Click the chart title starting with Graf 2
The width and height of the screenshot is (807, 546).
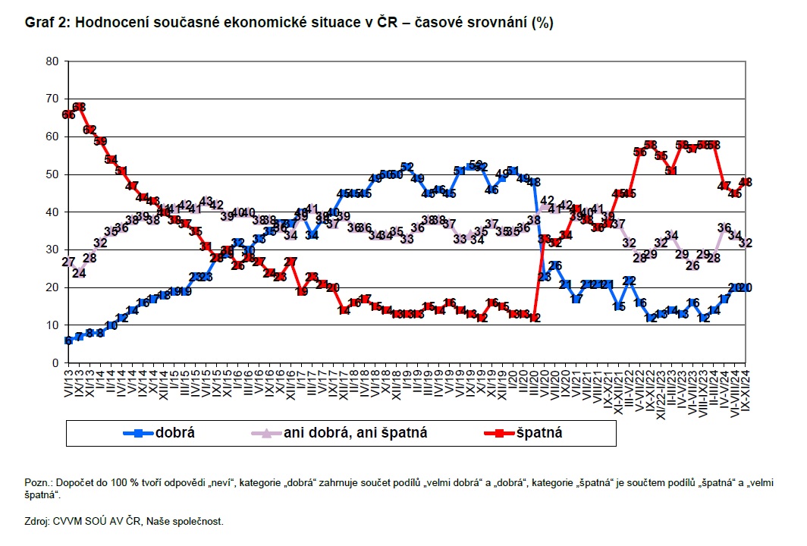(288, 23)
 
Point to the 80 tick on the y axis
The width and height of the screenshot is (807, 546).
(52, 61)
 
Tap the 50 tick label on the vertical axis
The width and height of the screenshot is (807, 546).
(52, 174)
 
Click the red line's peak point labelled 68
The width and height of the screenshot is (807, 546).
(79, 107)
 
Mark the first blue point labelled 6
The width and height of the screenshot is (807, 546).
(68, 340)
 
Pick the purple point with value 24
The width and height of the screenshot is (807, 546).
(79, 273)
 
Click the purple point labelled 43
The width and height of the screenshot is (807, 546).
(206, 201)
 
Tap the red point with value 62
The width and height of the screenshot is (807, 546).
(89, 130)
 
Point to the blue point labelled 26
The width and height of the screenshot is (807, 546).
(555, 265)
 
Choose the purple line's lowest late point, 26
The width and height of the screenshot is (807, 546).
(692, 265)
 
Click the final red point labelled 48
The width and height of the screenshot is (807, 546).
(746, 182)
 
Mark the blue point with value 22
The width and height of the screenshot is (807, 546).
(629, 281)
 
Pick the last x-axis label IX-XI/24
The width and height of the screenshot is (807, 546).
(746, 388)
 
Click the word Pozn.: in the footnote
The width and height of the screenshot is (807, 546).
(38, 483)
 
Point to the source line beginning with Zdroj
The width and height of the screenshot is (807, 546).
(124, 521)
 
